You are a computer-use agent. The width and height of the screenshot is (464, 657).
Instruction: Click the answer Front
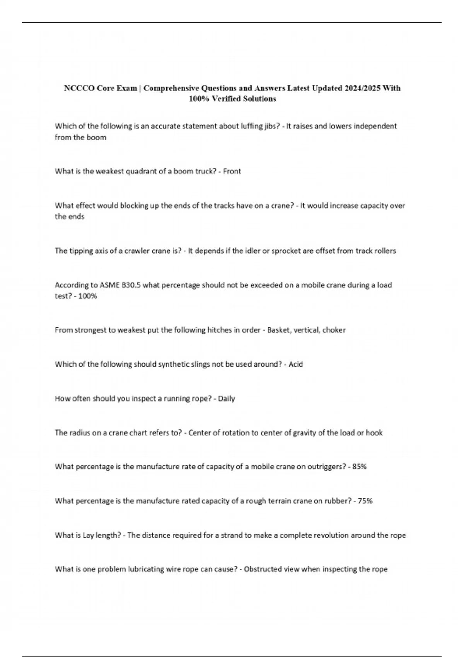(x=232, y=171)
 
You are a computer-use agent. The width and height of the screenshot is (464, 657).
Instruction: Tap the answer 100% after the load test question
(x=87, y=296)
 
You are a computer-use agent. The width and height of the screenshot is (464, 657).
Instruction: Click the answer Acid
(x=296, y=364)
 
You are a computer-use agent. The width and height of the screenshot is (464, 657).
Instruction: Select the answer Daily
(x=226, y=398)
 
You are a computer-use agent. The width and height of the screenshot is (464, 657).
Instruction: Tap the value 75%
(x=365, y=501)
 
